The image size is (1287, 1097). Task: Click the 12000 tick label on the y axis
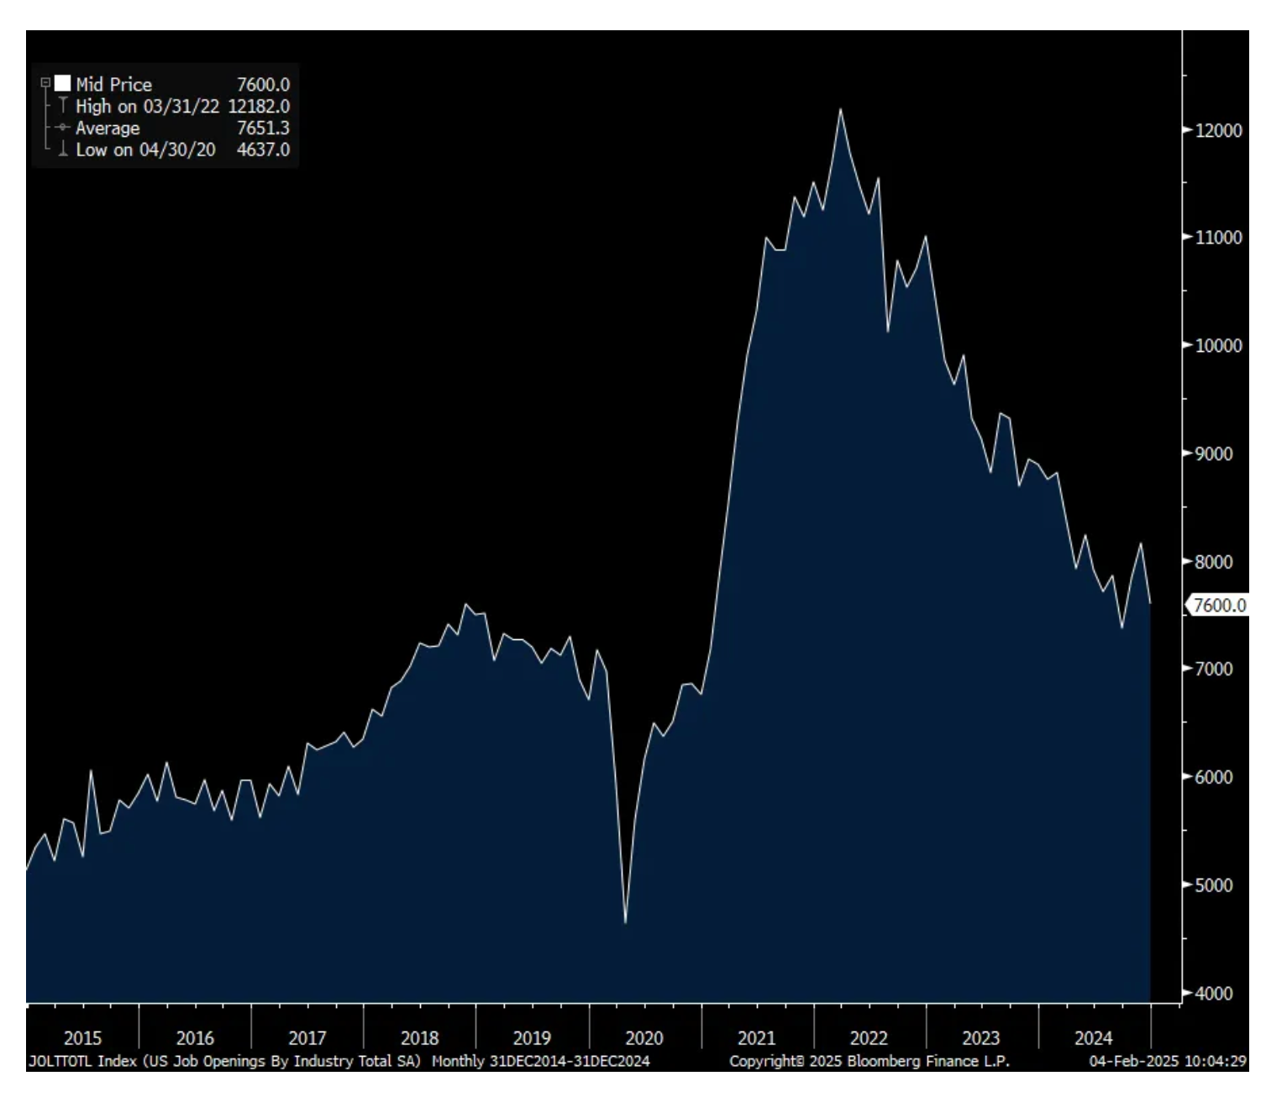(1217, 130)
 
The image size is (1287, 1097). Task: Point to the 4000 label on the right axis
(1214, 993)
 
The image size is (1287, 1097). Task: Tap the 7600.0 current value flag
(1218, 605)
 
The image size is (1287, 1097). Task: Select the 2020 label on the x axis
(644, 1038)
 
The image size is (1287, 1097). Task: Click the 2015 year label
(82, 1038)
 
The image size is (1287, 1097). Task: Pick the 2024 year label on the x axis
(1093, 1038)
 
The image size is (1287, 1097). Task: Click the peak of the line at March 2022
(840, 109)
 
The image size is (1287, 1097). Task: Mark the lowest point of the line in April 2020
(626, 923)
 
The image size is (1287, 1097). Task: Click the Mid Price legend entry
(113, 84)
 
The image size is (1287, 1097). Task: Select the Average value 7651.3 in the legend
(263, 128)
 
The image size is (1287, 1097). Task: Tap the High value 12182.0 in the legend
(259, 106)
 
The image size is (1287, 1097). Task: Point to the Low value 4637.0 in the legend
(263, 150)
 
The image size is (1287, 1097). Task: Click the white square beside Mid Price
(62, 83)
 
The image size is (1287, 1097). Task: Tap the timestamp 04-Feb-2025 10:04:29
(1168, 1061)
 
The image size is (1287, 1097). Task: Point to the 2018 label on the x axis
(419, 1038)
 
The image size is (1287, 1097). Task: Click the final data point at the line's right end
(1150, 602)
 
